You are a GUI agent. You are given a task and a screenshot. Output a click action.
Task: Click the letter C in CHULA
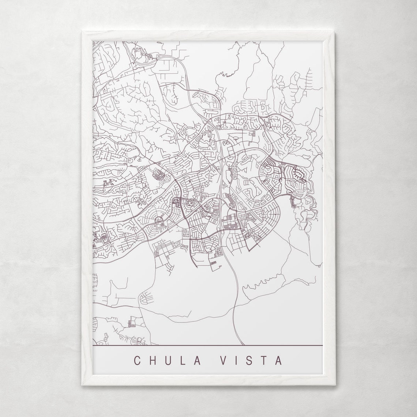pos(138,360)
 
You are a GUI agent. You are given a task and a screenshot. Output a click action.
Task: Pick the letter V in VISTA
pos(223,360)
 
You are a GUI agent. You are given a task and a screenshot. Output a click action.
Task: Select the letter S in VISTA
pos(249,360)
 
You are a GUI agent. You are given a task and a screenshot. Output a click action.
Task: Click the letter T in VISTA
pos(264,360)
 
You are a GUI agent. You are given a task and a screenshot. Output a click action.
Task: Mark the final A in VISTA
pos(278,360)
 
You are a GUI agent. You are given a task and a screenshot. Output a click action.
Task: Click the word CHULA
pos(168,360)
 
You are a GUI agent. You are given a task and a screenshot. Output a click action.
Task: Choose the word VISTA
pos(251,360)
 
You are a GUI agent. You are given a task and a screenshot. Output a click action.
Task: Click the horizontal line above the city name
pos(207,345)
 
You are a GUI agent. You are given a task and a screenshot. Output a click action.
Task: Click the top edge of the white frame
pos(207,35)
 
